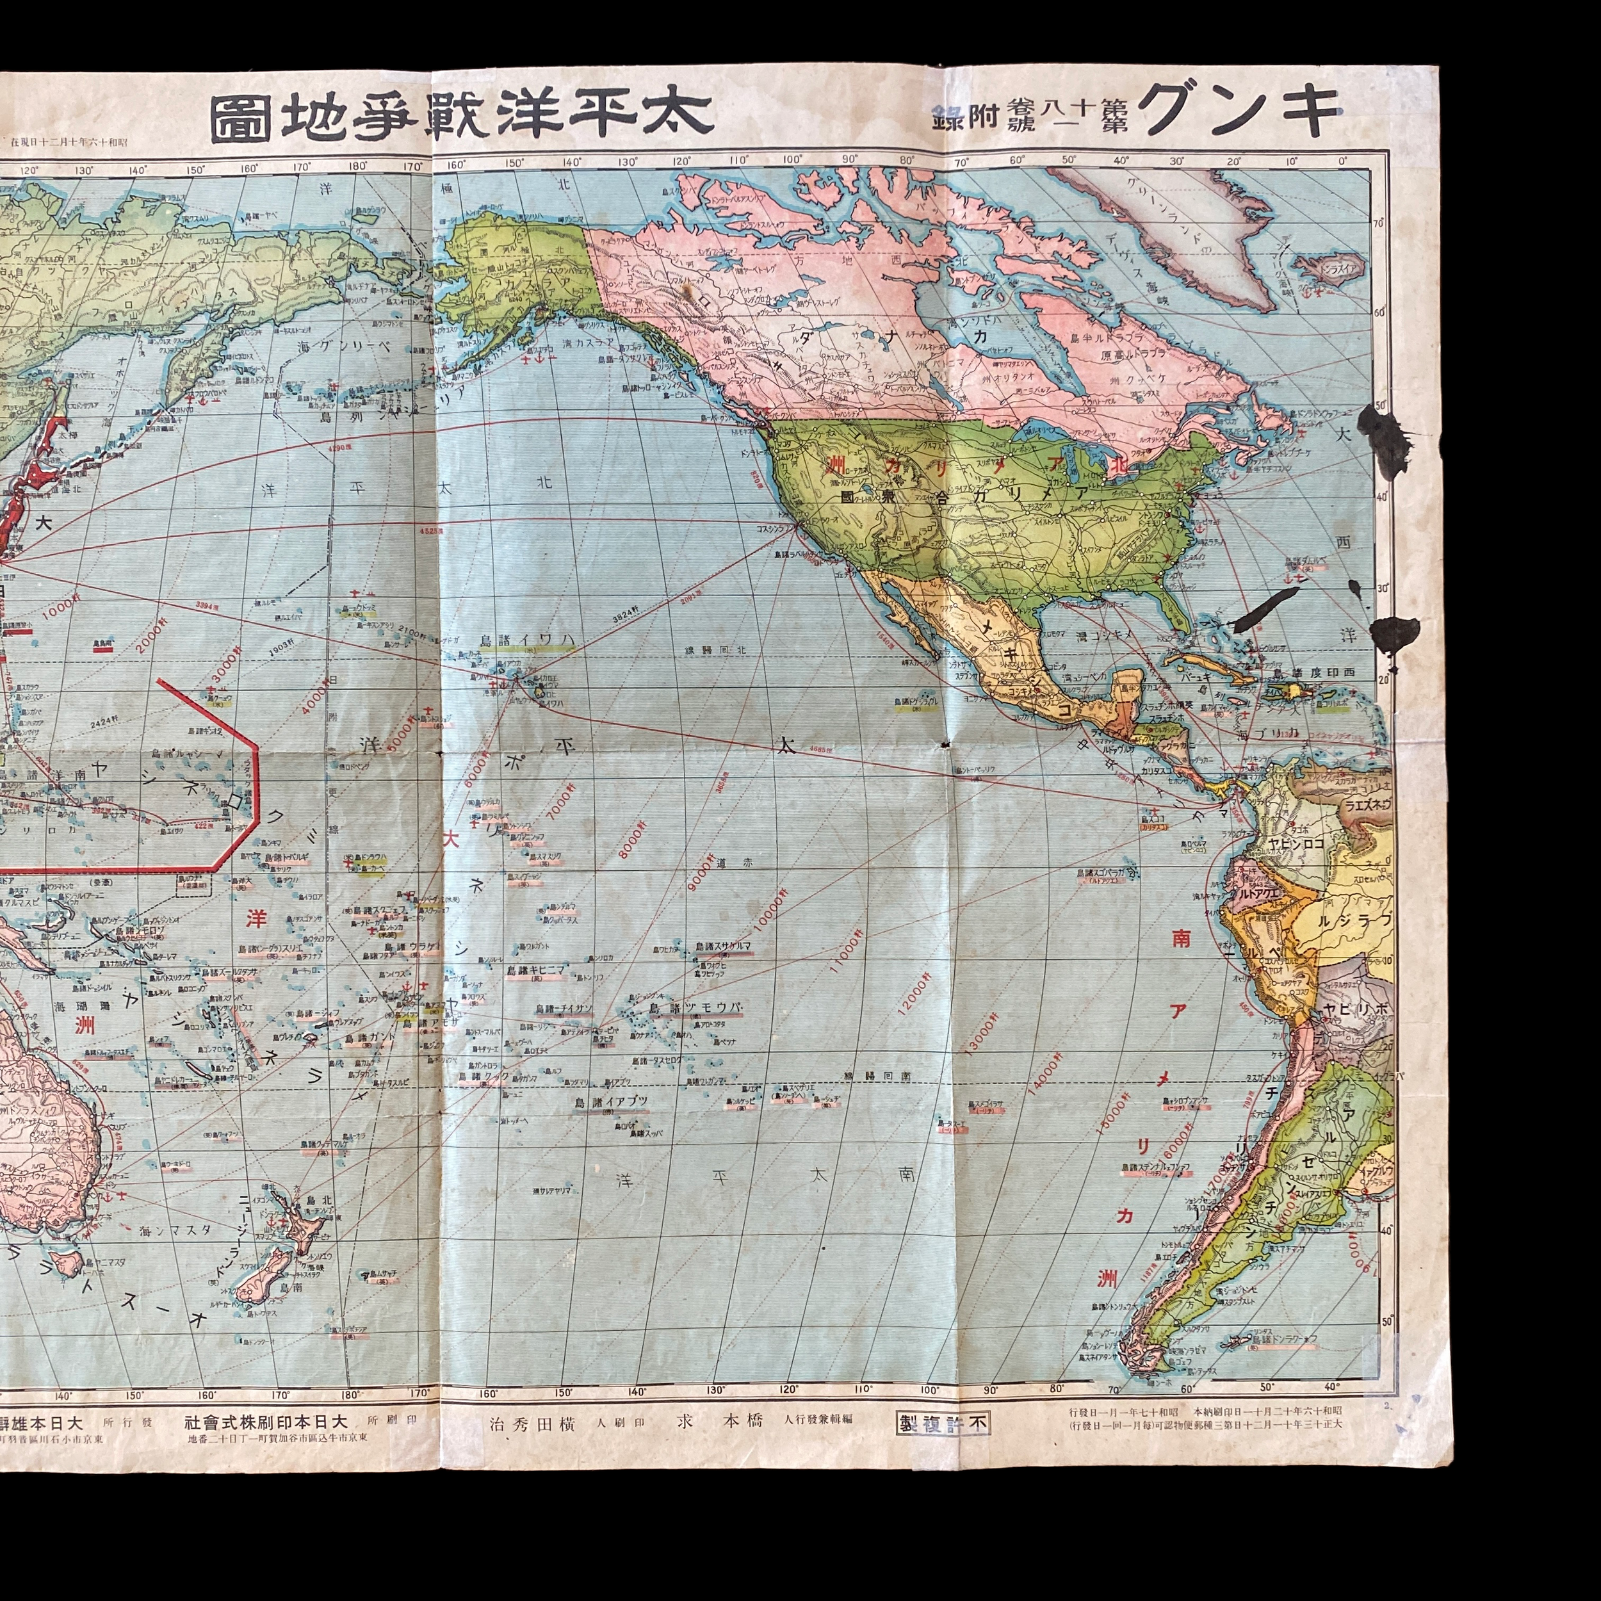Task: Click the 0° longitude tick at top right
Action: click(x=1342, y=161)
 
